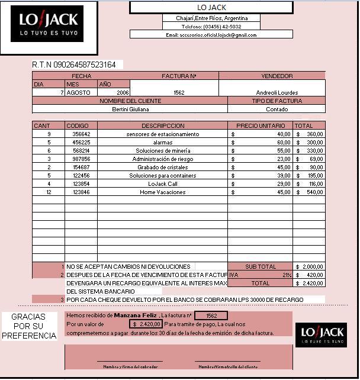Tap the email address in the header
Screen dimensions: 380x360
tap(211, 35)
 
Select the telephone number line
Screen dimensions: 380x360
tap(211, 27)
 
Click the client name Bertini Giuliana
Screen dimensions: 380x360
tap(130, 109)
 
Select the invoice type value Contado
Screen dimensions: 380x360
tap(277, 109)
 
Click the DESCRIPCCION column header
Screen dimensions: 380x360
tap(163, 125)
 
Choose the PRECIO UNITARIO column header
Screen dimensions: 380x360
tap(260, 125)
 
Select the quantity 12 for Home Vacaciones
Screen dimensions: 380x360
tap(49, 192)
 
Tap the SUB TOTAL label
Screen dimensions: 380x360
tap(261, 266)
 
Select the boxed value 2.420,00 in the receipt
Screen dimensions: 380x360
tap(147, 324)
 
